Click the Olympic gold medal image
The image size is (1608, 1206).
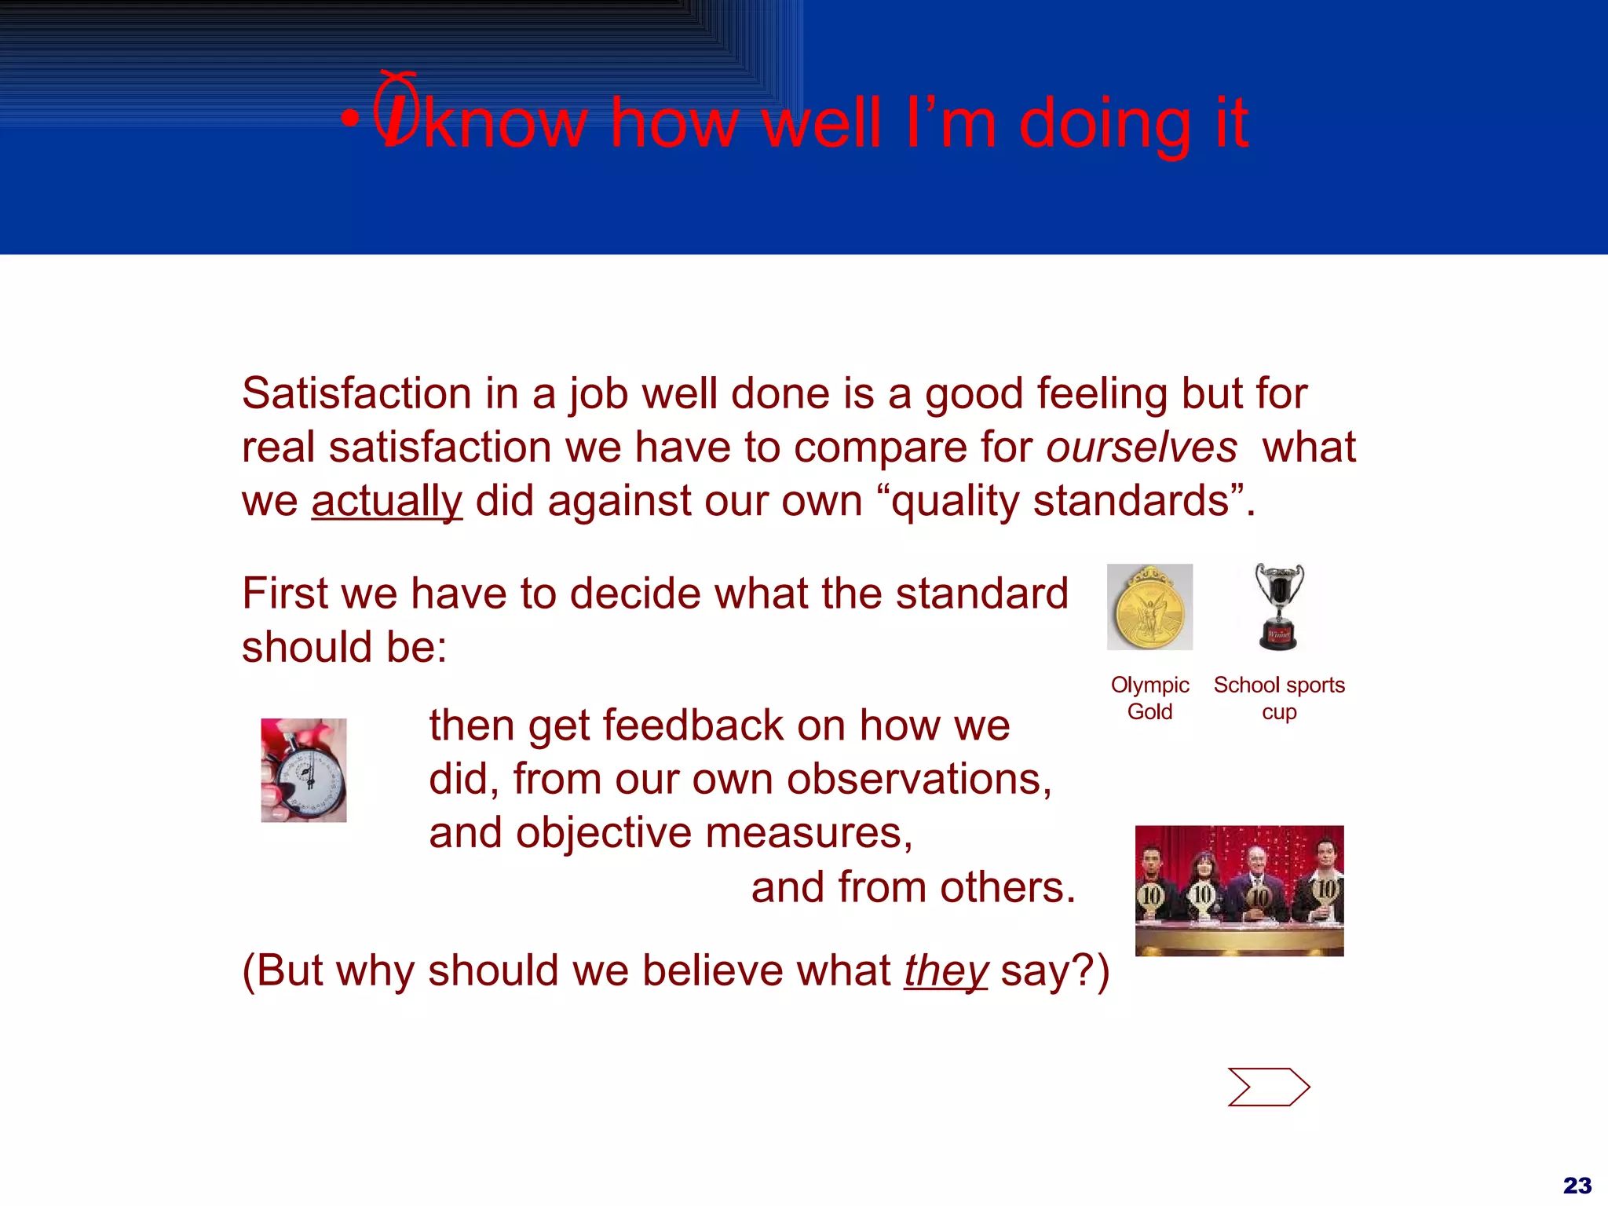(1149, 607)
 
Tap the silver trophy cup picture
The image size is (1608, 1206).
(1279, 607)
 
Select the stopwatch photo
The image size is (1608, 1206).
(304, 770)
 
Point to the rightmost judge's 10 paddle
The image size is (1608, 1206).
(1325, 890)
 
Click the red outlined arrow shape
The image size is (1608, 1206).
(1268, 1087)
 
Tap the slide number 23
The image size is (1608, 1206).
(1577, 1185)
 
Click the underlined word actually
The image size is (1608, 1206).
(386, 501)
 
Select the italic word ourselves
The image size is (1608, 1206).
(1141, 448)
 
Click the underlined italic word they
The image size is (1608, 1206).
(945, 970)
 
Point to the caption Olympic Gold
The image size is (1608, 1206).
(1149, 698)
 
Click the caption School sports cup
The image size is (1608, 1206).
(1279, 698)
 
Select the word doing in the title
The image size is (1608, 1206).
(1105, 123)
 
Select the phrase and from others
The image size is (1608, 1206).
(913, 888)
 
